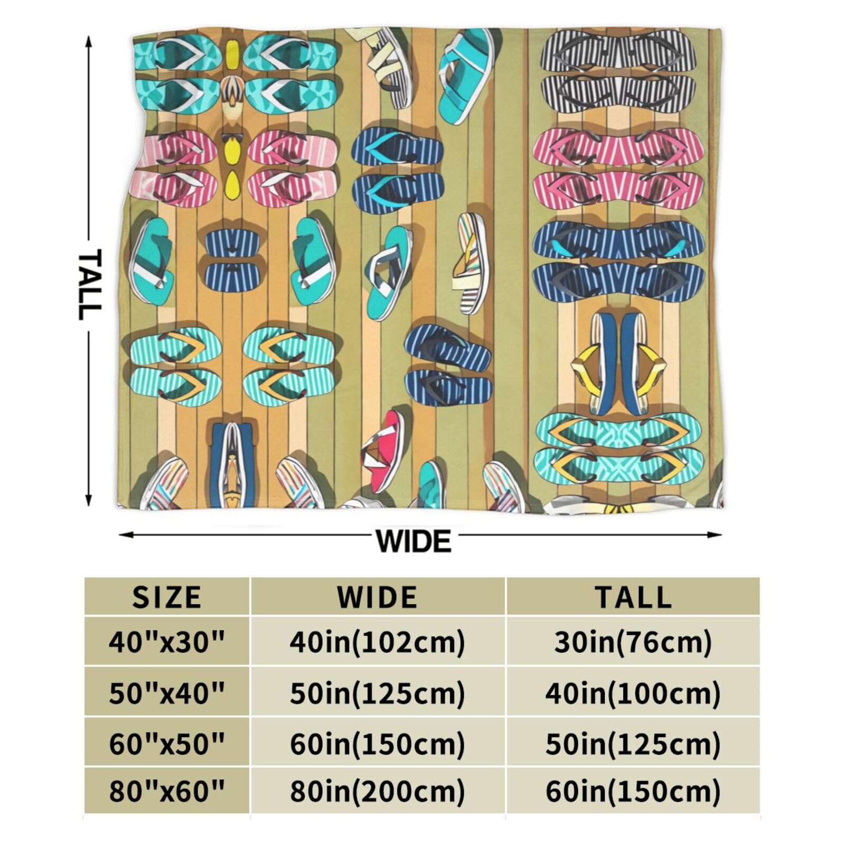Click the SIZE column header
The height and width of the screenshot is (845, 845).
coord(166,597)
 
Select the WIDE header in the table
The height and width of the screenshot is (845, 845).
coord(378,597)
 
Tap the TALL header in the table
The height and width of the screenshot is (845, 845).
coord(633,597)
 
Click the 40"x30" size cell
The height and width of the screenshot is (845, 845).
coord(167,642)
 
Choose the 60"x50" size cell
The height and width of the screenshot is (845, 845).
coord(167,744)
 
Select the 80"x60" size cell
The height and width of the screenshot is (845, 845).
coord(167,791)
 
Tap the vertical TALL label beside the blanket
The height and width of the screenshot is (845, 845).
coord(89,285)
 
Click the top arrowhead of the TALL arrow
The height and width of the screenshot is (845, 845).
coord(89,40)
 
